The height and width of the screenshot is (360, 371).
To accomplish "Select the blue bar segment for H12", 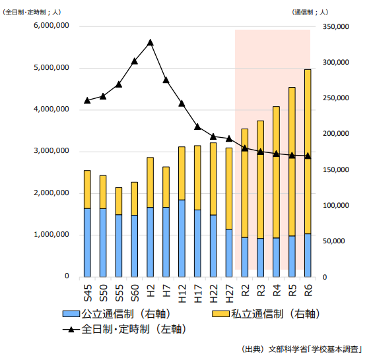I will click(x=182, y=238).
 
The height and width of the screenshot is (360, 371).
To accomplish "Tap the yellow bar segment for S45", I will click(x=87, y=189).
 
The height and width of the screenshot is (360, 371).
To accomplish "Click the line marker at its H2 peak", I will click(x=151, y=42).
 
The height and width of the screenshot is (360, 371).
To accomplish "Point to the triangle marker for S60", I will click(x=135, y=61).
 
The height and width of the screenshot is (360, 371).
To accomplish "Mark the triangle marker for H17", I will click(x=197, y=127).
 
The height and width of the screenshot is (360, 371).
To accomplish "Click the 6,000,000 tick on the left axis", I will click(x=51, y=26).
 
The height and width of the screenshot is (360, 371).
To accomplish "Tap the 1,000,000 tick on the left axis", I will click(x=51, y=235).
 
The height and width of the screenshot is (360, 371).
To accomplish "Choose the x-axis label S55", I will click(x=119, y=290).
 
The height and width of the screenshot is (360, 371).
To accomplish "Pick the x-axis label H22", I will click(x=213, y=290).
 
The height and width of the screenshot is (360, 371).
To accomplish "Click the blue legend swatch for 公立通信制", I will click(x=71, y=314).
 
